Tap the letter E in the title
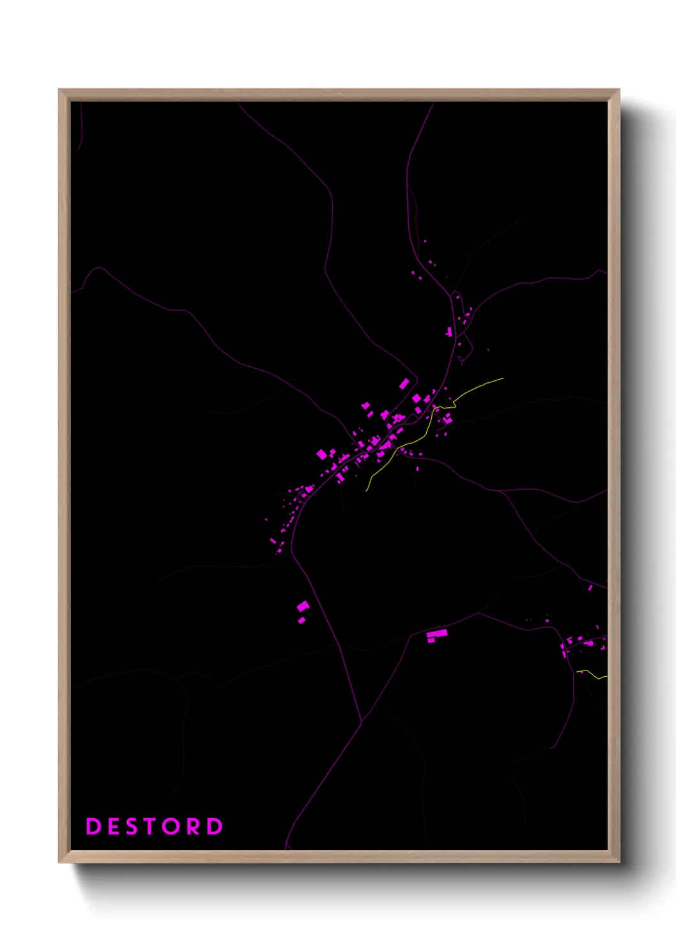tap(113, 826)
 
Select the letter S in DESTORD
tap(132, 826)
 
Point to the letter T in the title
tap(151, 826)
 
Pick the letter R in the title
tap(194, 826)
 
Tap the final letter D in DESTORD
tap(215, 826)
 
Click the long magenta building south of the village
tap(437, 634)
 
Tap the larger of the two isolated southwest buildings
tap(303, 606)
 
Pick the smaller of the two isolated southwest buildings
tap(302, 620)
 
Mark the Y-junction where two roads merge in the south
tap(362, 720)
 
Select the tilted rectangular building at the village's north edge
tap(404, 384)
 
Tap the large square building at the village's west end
tap(322, 454)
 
